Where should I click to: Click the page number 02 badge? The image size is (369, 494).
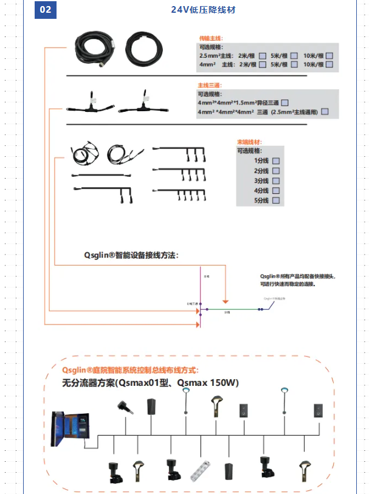(45, 10)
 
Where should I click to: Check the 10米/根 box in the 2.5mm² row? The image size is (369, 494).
(329, 55)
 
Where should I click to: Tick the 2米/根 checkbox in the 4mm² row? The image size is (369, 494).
(262, 64)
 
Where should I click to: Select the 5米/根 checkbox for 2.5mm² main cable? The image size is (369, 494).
(295, 55)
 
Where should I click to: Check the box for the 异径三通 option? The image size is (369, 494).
(284, 103)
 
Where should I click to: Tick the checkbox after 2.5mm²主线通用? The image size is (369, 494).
(325, 111)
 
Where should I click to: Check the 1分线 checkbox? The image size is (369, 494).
(275, 160)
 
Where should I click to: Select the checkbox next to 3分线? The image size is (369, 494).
(275, 180)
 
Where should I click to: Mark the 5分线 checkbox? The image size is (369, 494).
(275, 201)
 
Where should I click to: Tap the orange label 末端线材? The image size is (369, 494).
(247, 142)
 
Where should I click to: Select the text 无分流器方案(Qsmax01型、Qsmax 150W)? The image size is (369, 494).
(151, 383)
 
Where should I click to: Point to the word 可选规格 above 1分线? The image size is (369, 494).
(249, 151)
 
